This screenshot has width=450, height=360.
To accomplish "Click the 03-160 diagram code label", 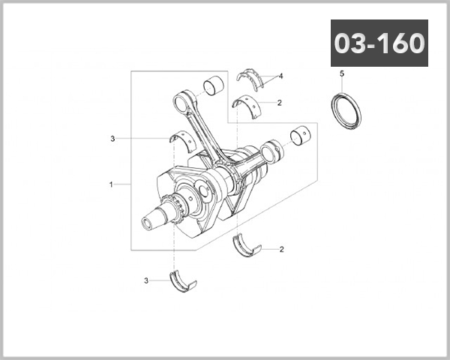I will pos(379,43).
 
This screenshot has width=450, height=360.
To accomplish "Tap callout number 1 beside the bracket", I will pos(111,184).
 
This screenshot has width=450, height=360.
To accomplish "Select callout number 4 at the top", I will pos(280,76).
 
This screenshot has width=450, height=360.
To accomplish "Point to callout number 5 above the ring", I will pos(341,73).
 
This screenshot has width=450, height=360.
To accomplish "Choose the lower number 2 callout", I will pos(280,248).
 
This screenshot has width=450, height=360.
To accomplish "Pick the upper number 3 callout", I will pos(112,139).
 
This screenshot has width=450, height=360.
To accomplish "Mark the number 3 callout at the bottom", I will pos(146,280).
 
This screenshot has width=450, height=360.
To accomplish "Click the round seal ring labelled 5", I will pos(346,109).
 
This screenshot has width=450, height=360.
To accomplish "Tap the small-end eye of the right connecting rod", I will pos(274,149).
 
